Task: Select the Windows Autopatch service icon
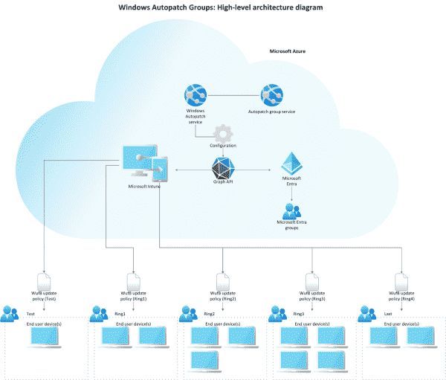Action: (x=195, y=95)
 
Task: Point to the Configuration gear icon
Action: (x=223, y=134)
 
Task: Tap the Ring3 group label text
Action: (x=299, y=315)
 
